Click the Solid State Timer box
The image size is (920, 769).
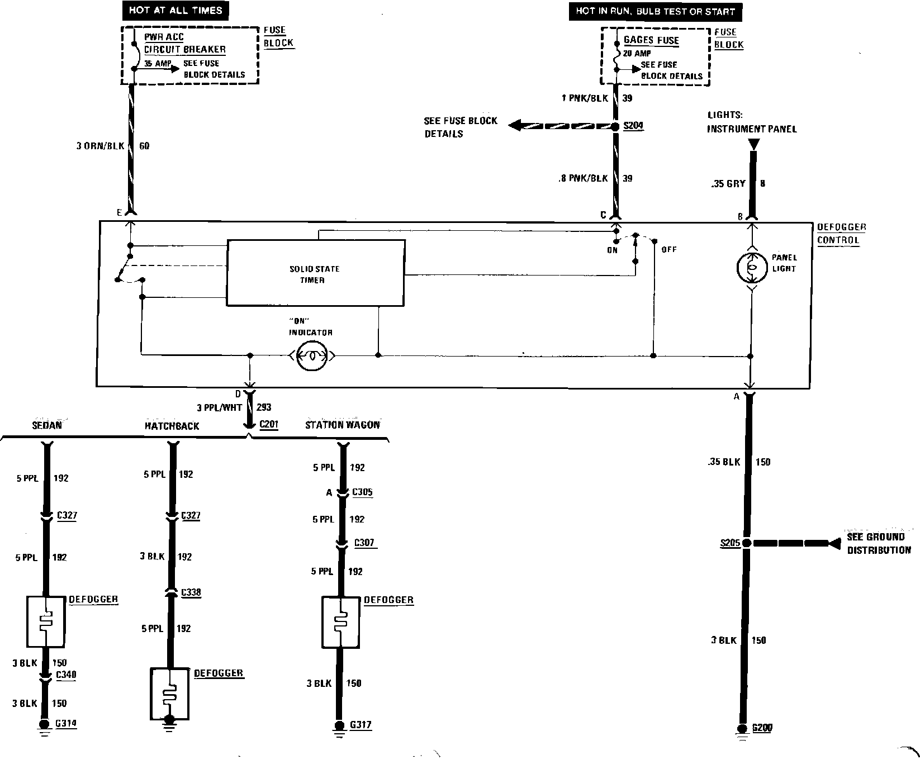point(315,273)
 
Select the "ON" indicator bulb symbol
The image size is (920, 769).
point(312,355)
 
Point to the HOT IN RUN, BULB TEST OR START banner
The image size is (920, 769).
point(655,11)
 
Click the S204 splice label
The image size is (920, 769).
point(633,126)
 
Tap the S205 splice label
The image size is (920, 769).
point(730,543)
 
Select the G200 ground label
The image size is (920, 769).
point(763,728)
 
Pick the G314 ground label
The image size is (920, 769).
point(66,724)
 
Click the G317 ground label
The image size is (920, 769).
point(361,725)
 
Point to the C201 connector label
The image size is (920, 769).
point(269,424)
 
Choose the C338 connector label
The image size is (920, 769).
point(191,592)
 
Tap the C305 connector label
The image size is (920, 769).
point(362,492)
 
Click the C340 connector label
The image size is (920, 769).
point(66,675)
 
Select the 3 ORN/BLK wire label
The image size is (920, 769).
point(100,146)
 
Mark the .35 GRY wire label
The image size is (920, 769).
point(728,183)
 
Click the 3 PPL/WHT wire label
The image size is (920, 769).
point(219,408)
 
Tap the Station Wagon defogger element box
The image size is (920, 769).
point(340,621)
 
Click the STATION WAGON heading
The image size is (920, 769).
point(342,425)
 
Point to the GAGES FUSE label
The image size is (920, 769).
point(651,40)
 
